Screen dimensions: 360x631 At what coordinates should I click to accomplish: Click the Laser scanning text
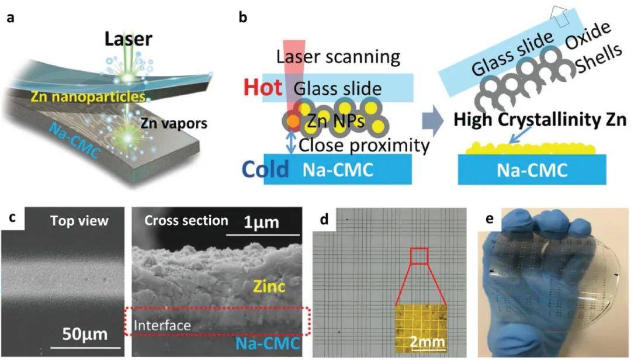pyautogui.click(x=338, y=57)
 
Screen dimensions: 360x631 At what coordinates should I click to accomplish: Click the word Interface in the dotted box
pyautogui.click(x=162, y=324)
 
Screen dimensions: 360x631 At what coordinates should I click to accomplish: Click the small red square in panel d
pyautogui.click(x=419, y=256)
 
